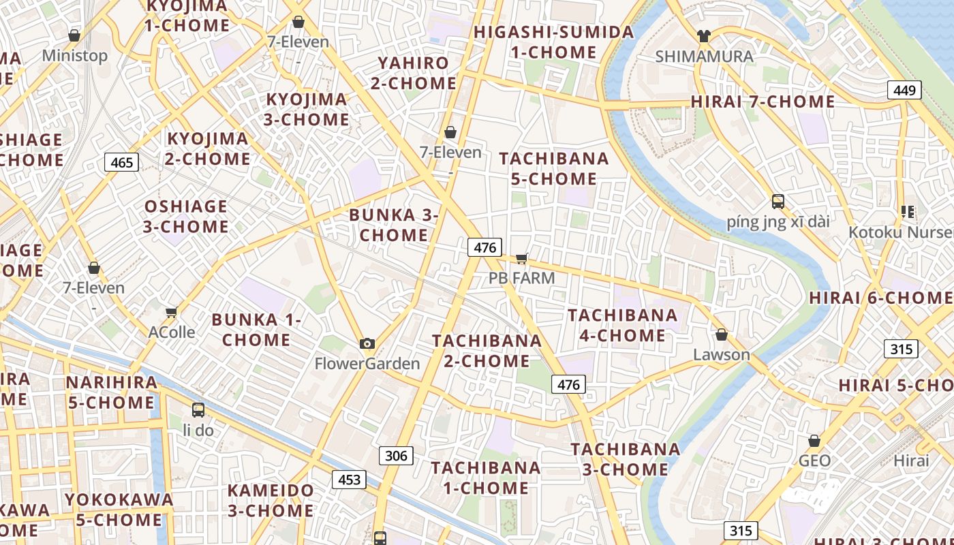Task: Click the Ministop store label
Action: (x=75, y=56)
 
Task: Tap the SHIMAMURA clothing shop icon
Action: (x=704, y=36)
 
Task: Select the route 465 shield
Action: (x=122, y=162)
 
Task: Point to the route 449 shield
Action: (x=904, y=90)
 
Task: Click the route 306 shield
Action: (x=395, y=456)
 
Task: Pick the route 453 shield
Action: (x=349, y=480)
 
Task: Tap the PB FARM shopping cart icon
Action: (x=522, y=258)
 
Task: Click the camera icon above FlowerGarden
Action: (x=367, y=343)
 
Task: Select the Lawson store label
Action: (x=722, y=355)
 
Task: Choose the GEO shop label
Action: (x=814, y=461)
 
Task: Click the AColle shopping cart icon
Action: (x=172, y=313)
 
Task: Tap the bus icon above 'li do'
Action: (x=198, y=410)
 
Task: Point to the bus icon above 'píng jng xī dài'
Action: (x=778, y=202)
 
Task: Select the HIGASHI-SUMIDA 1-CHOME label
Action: (x=553, y=42)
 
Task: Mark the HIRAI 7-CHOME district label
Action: (x=763, y=102)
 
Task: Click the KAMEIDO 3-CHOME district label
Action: (x=271, y=500)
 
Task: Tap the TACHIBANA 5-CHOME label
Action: (x=554, y=168)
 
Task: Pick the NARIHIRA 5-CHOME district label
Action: (x=111, y=392)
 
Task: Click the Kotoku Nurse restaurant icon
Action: (x=907, y=212)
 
